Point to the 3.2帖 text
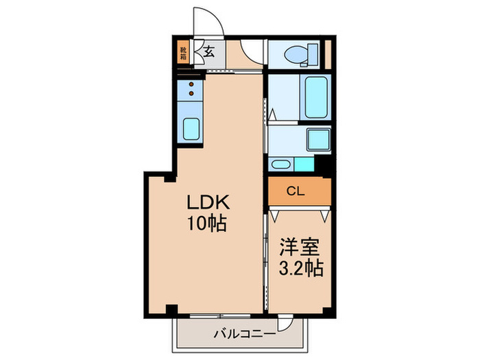pos(300,266)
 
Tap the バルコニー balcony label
pos(244,333)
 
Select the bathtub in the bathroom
pos(315,99)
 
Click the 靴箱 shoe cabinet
pos(183,53)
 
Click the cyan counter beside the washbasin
pos(302,164)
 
